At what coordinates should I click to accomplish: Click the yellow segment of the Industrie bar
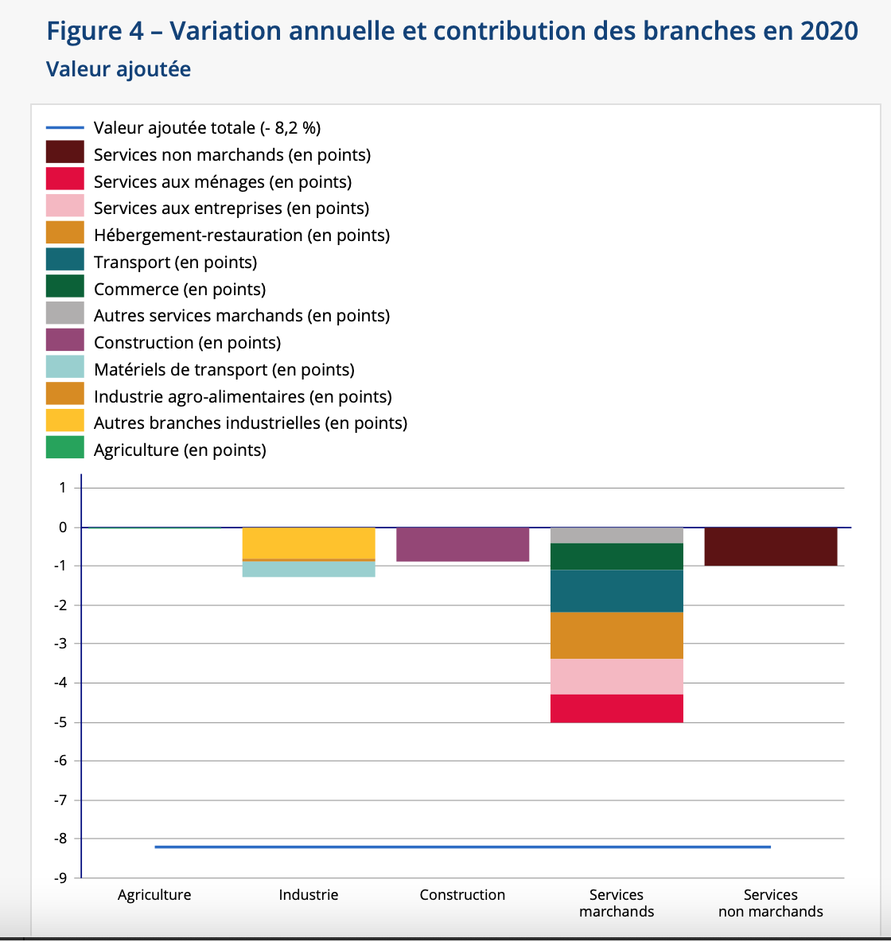click(309, 543)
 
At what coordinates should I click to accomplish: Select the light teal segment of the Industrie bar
click(309, 570)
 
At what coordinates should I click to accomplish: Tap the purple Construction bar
click(463, 544)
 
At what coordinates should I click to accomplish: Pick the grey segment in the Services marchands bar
click(617, 535)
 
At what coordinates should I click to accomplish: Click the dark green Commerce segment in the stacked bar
click(617, 557)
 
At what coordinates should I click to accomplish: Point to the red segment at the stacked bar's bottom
click(617, 709)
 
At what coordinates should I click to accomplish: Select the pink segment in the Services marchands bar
click(617, 677)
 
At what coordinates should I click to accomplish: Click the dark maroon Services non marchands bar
click(771, 547)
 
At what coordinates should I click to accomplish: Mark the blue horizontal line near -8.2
click(463, 847)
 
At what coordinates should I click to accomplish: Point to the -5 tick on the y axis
click(60, 722)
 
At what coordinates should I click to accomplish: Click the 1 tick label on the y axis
click(63, 488)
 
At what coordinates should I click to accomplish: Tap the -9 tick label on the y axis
click(60, 878)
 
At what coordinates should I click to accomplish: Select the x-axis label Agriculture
click(154, 894)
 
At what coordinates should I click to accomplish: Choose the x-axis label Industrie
click(308, 894)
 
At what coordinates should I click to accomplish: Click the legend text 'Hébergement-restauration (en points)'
click(242, 235)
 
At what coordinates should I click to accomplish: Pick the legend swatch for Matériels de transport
click(65, 367)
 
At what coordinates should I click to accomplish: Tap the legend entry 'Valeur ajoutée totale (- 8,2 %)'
click(208, 128)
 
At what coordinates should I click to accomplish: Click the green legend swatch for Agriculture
click(65, 447)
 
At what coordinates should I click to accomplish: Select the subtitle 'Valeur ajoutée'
click(119, 69)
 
